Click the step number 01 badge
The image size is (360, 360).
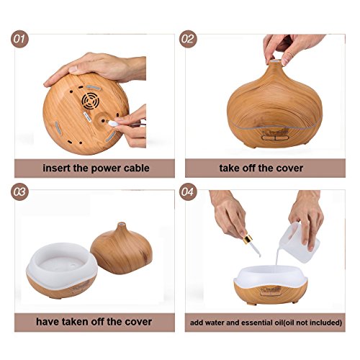click(19, 39)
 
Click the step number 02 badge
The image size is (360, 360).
click(188, 39)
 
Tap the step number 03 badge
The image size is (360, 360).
click(19, 192)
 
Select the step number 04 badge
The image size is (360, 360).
click(188, 192)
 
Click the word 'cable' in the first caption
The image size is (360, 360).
click(137, 168)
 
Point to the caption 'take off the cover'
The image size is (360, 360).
click(261, 168)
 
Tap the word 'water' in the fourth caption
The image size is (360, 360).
click(215, 323)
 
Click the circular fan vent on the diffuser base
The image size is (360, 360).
click(90, 101)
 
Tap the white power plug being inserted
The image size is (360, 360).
click(113, 123)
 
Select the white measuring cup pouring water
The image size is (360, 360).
click(297, 243)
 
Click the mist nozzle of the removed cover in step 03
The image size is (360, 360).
click(122, 225)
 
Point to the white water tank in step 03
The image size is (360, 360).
click(62, 264)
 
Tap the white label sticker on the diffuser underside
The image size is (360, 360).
click(87, 117)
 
